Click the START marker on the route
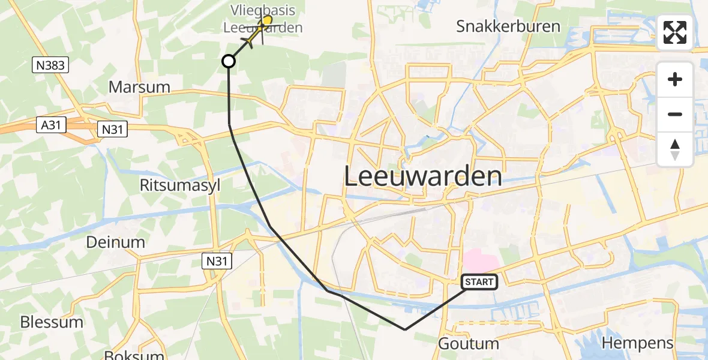pos(479,282)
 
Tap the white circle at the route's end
pos(229,61)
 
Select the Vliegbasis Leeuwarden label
pos(263,19)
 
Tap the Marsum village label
pos(139,87)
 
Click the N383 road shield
pos(50,65)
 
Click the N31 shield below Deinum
pos(216,260)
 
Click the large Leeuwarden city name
pos(424,176)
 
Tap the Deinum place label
pos(116,242)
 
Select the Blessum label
pos(52,322)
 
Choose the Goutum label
pos(469,344)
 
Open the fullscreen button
pos(675,32)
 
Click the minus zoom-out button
pos(675,114)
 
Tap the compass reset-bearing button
pos(675,149)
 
